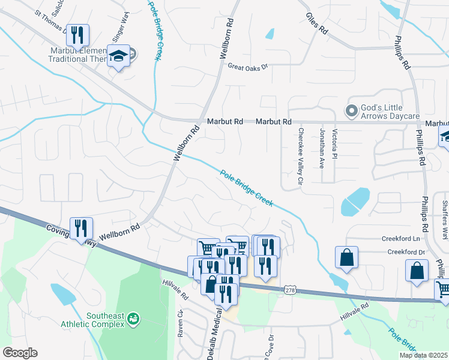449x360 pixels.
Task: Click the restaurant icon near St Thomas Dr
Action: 77,36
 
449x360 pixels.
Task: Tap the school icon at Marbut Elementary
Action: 119,56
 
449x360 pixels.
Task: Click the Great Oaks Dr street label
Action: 247,68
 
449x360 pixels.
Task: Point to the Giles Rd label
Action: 317,23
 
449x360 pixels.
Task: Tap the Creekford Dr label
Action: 406,252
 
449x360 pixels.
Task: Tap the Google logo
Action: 20,353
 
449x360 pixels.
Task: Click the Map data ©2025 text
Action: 423,355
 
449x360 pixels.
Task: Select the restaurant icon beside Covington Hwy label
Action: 81,228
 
